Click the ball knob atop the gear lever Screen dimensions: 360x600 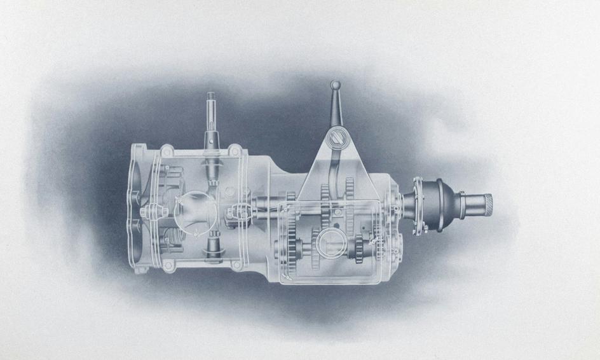pos(335,85)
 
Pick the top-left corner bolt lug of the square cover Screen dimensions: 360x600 pos(167,151)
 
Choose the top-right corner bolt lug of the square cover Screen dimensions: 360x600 pos(235,151)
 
